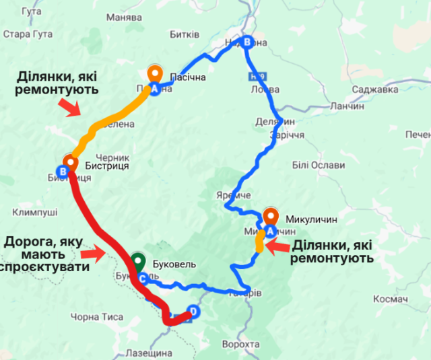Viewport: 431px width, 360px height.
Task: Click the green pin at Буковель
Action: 138,259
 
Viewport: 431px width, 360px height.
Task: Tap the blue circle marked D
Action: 194,312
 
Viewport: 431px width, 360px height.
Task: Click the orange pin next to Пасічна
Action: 154,72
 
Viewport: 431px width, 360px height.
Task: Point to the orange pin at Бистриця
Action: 69,162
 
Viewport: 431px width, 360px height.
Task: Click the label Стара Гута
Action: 24,34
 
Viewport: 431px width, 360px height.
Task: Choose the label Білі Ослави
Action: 319,166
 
